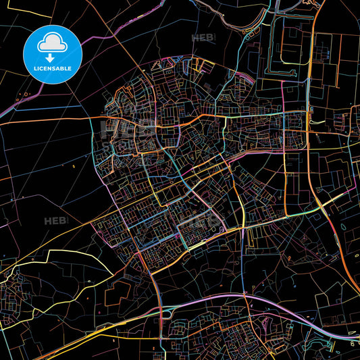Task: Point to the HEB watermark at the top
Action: pyautogui.click(x=203, y=38)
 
